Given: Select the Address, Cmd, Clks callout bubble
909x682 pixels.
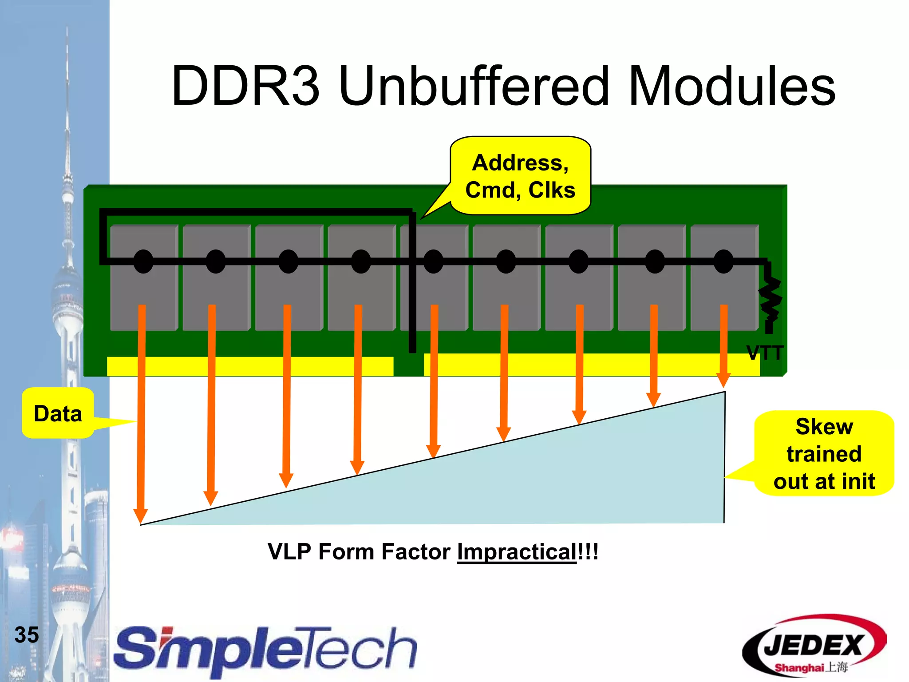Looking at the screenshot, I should (520, 176).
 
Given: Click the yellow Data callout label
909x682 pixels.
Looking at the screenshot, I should (58, 413).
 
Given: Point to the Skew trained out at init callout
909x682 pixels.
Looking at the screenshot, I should (824, 454).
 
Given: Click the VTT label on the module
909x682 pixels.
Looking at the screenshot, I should (764, 353).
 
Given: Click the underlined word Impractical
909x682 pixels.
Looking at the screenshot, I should (517, 552).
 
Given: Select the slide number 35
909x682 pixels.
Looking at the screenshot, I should (27, 634).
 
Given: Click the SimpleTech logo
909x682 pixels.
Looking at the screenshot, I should (265, 649).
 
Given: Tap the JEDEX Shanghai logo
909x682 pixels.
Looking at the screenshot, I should (814, 646).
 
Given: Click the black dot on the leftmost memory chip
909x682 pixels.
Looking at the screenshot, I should (143, 262).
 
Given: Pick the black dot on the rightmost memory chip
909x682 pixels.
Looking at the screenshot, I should (723, 262).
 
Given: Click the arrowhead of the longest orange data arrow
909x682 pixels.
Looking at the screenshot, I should (141, 516).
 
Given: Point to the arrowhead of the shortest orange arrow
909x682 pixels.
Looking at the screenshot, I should (723, 380).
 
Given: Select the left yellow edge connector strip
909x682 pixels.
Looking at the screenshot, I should (250, 366).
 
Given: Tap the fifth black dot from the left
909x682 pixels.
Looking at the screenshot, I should (433, 262).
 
